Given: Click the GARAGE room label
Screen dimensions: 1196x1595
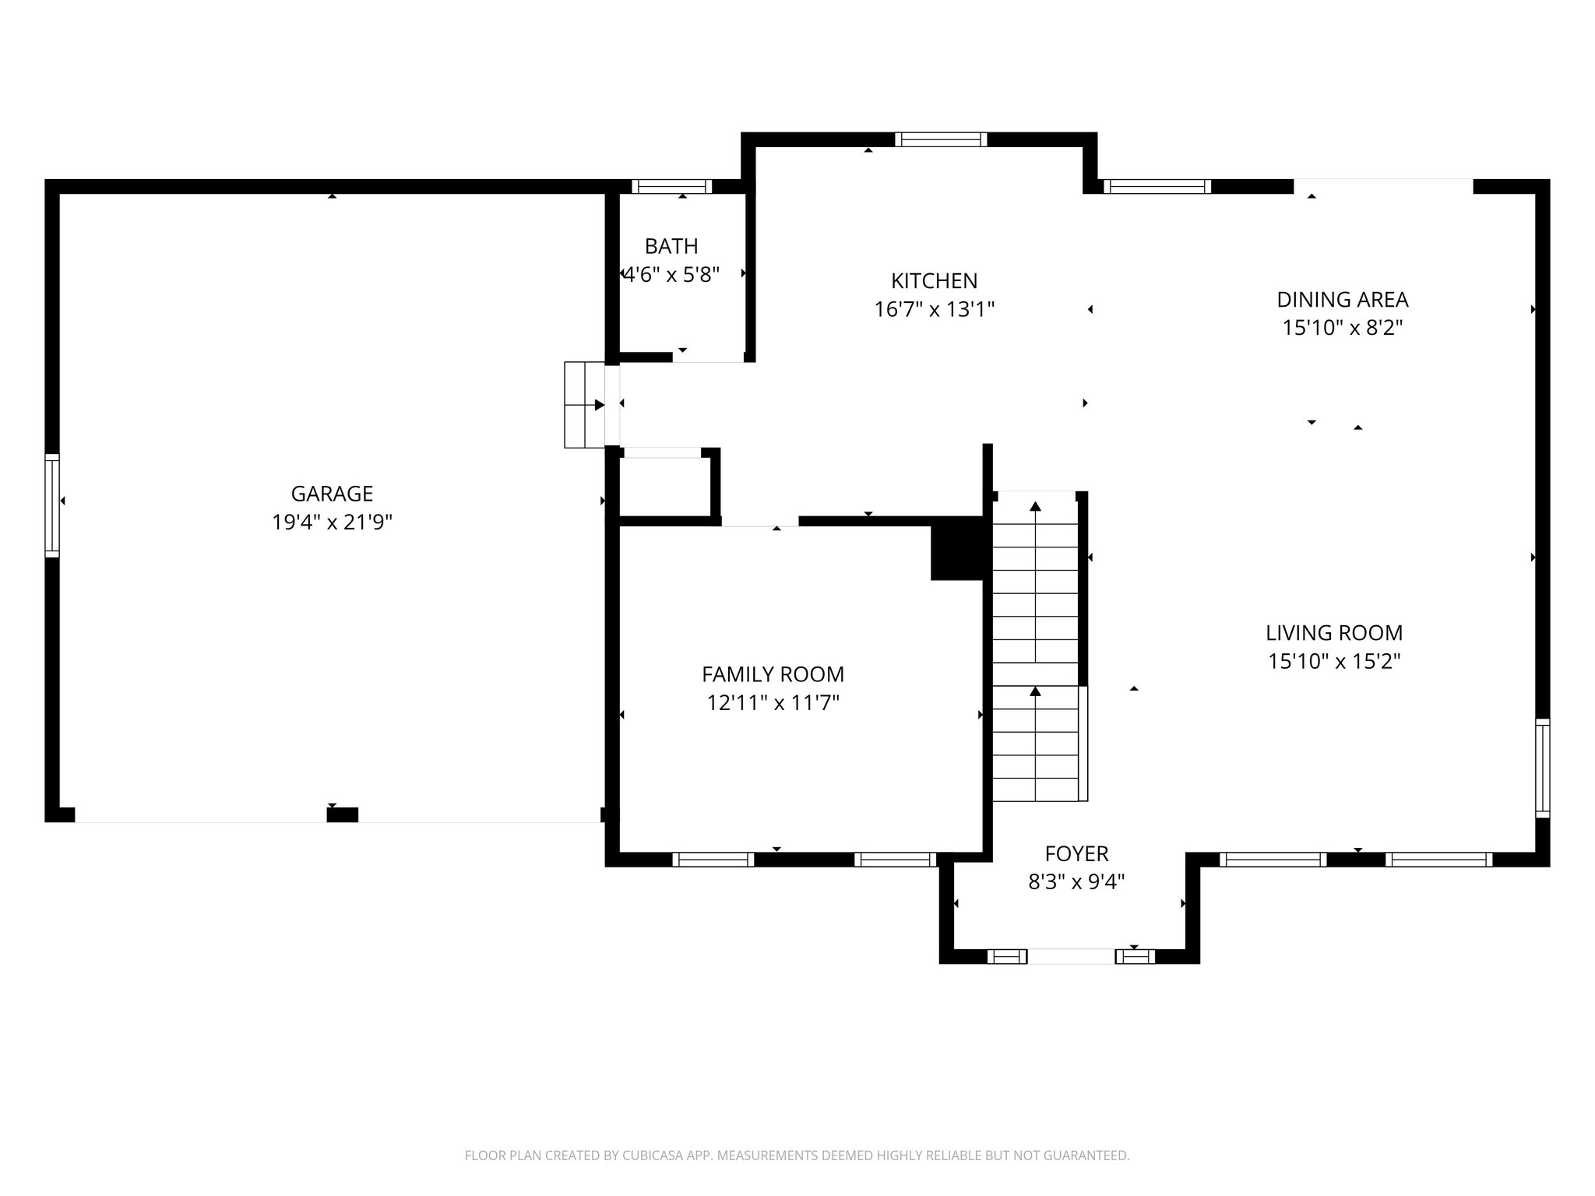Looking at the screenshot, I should pos(332,494).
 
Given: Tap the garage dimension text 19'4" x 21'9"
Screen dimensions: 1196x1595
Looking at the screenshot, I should pos(332,522).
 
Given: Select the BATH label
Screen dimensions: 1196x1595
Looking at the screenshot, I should pos(671,246).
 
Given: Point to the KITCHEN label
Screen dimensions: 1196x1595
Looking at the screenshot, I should pos(934,280).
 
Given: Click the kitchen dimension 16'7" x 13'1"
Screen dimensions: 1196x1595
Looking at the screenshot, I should pos(934,310).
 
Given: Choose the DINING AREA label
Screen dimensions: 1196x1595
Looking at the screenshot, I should pos(1342,299).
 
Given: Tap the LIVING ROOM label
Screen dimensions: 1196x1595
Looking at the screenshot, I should pos(1333,632).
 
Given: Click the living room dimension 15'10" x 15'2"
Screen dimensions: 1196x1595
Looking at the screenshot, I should pos(1333,662).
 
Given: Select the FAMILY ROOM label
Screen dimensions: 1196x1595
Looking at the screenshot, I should pos(773,674).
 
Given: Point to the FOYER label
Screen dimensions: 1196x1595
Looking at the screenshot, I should pos(1076,853).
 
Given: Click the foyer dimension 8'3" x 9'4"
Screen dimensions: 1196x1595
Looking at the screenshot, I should pos(1076,882).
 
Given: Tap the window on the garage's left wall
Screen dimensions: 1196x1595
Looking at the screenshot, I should pos(52,505).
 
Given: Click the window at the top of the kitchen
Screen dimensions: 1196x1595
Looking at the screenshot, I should pos(941,139).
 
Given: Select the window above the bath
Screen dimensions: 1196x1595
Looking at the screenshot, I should pos(671,186).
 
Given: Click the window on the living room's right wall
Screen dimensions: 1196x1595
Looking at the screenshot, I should pos(1542,768).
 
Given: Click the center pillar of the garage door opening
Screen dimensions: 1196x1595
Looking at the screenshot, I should pos(342,815).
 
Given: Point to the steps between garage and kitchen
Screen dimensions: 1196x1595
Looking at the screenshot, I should pos(584,404).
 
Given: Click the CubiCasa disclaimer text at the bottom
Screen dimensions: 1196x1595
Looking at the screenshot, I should pos(797,1156).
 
